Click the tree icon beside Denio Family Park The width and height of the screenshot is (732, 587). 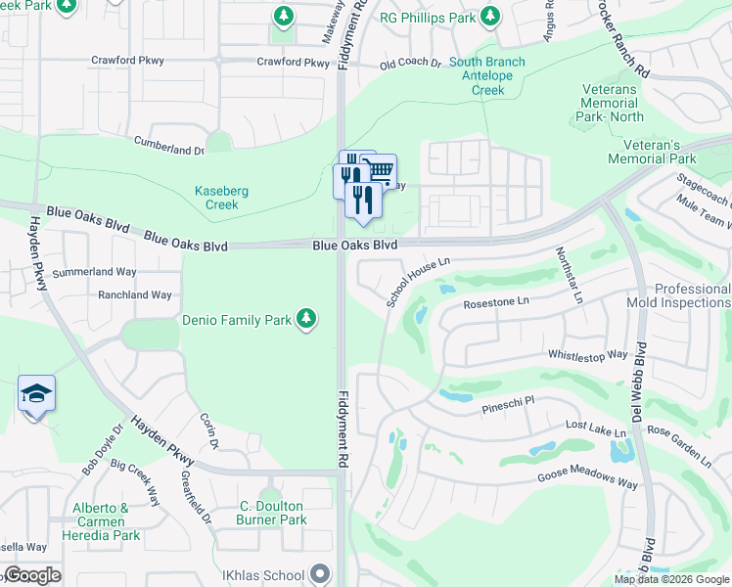click(306, 319)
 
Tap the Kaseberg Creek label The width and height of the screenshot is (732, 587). click(216, 198)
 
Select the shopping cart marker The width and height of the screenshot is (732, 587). click(378, 171)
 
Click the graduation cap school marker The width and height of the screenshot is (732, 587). click(36, 394)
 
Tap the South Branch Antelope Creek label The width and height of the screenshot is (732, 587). click(486, 76)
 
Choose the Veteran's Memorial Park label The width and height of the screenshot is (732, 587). click(652, 152)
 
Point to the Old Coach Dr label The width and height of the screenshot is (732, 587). click(410, 63)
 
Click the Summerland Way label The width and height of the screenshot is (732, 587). click(94, 273)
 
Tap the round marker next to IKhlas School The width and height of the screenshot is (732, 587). click(320, 574)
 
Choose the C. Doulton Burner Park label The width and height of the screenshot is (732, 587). click(271, 513)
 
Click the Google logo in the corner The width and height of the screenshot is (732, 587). click(32, 575)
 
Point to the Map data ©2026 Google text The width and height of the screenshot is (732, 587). click(670, 579)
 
